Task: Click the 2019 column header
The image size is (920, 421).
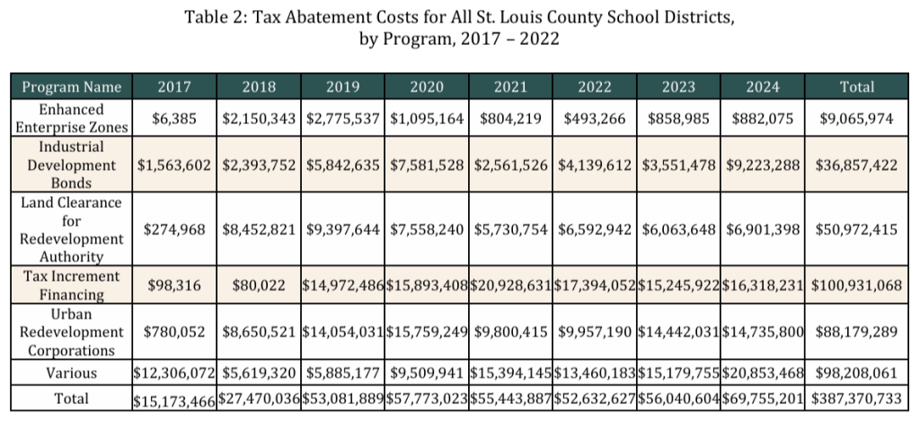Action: click(x=342, y=87)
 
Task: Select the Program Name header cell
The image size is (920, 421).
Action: click(x=71, y=87)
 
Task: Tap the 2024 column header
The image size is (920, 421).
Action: click(x=762, y=87)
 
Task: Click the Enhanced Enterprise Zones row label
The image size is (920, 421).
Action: click(x=71, y=118)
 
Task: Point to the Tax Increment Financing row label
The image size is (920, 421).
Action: click(x=71, y=285)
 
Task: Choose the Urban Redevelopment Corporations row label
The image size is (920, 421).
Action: click(x=71, y=332)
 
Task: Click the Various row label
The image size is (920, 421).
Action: click(x=71, y=372)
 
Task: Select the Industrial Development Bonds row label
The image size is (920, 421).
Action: click(x=71, y=165)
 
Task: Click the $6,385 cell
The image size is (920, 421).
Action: click(x=174, y=119)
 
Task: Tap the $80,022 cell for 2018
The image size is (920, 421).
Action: click(x=258, y=285)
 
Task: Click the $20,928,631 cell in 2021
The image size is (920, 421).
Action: click(x=509, y=285)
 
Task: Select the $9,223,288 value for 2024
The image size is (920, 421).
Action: click(x=762, y=166)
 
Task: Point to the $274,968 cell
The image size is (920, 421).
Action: click(x=174, y=229)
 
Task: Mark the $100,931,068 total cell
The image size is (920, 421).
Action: click(x=856, y=285)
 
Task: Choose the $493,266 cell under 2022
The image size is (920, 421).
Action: click(x=594, y=119)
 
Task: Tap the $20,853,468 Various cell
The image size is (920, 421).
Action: click(x=762, y=372)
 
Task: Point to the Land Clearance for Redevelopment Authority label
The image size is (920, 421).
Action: click(x=71, y=228)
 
